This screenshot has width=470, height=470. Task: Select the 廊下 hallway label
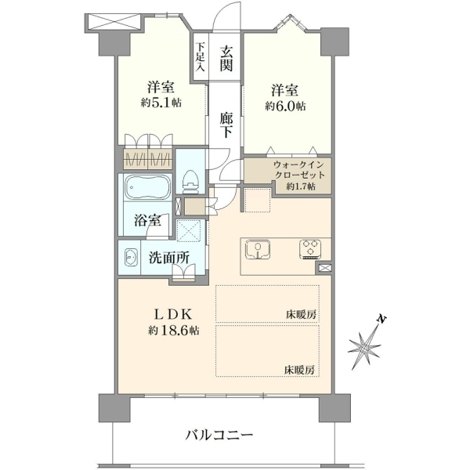226,125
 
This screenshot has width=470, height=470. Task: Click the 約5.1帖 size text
161,103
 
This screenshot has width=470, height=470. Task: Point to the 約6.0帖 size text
285,106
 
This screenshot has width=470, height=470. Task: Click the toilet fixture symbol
190,182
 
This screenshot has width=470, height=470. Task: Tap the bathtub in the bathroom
147,188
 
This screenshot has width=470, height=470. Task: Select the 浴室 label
147,221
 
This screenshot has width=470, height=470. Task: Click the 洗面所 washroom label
169,258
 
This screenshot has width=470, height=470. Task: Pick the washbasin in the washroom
131,257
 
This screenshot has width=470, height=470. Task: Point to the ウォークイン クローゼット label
298,169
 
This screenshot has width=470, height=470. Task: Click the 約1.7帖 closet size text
301,186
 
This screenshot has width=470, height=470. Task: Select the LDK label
172,314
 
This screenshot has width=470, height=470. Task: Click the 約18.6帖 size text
174,331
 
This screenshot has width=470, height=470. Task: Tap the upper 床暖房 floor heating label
301,315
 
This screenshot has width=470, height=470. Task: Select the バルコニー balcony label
219,435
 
